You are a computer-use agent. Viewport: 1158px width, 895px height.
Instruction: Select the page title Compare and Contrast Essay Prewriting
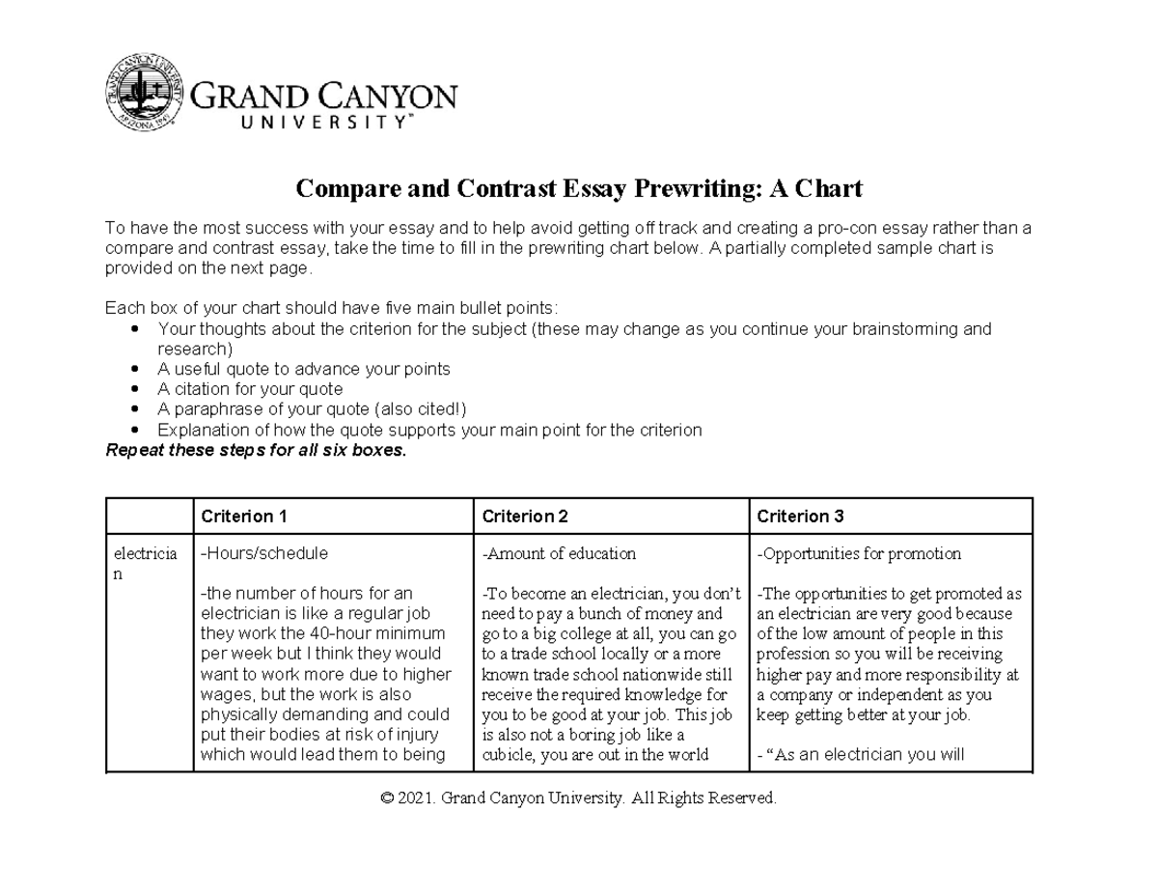578,188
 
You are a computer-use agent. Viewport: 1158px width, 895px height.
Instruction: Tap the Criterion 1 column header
244,517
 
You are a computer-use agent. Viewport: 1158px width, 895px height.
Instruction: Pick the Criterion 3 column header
800,517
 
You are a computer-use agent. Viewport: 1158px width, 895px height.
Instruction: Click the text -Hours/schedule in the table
263,554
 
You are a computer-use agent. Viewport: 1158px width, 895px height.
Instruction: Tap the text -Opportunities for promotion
859,554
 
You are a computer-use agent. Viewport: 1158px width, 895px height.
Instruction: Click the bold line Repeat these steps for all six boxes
256,450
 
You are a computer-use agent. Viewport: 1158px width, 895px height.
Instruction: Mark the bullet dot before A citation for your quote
133,390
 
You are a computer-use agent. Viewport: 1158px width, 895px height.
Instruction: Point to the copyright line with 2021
578,798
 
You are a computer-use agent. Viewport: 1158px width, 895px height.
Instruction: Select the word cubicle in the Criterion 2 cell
508,755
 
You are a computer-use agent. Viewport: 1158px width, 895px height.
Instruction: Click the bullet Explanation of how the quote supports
429,430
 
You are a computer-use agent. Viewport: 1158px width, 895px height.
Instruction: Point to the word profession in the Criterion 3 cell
792,655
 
